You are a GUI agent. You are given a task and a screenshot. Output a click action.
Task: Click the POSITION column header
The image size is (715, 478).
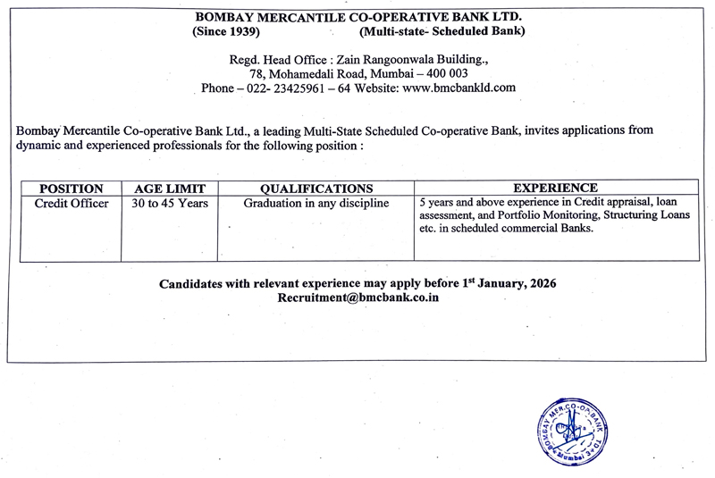coord(71,189)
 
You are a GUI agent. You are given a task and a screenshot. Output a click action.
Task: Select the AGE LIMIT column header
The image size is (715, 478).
coord(170,189)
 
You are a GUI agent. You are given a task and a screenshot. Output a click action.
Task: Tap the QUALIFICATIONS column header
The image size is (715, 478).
coord(316,189)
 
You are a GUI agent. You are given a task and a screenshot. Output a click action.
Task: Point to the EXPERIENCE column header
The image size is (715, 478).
coord(555,189)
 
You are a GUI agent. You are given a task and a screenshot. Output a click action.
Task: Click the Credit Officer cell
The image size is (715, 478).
coord(71,204)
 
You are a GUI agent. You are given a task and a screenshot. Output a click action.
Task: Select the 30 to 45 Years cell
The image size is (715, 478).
coord(170,204)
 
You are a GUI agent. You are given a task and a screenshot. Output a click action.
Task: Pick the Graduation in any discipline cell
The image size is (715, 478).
coord(316,204)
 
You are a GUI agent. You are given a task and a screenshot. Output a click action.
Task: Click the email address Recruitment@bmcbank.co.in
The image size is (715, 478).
coord(358,298)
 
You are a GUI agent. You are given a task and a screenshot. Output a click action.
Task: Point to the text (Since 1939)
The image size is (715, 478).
coord(226,31)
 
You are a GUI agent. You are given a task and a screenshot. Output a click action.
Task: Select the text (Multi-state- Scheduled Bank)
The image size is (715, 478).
coord(442,31)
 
